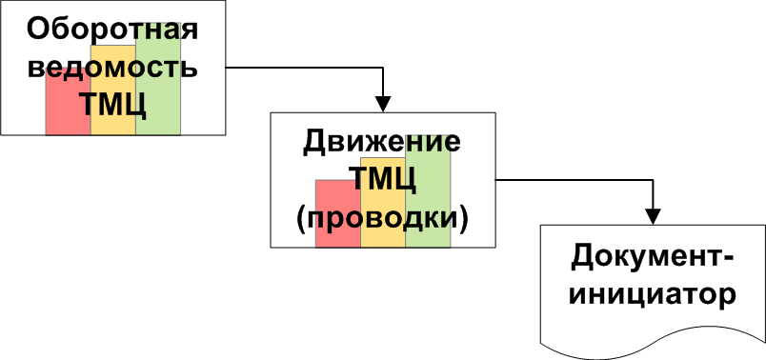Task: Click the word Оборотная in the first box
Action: tap(112, 30)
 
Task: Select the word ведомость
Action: tap(112, 68)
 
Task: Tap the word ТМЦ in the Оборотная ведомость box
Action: tap(112, 104)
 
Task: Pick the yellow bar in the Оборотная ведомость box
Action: tap(112, 90)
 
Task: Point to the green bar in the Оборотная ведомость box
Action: tap(158, 79)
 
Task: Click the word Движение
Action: tap(382, 144)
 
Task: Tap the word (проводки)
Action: tap(382, 218)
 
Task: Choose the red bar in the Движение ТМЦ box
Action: tap(338, 213)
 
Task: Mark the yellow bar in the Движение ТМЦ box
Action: tap(383, 202)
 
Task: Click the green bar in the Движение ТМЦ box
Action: tap(428, 191)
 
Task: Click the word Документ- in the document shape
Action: tap(653, 257)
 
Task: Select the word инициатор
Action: tap(653, 295)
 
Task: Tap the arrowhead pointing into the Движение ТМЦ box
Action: tap(384, 105)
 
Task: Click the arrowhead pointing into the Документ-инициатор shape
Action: tap(654, 217)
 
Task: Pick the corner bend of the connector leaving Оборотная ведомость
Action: tap(384, 68)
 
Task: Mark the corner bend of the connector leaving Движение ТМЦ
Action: tap(654, 180)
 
